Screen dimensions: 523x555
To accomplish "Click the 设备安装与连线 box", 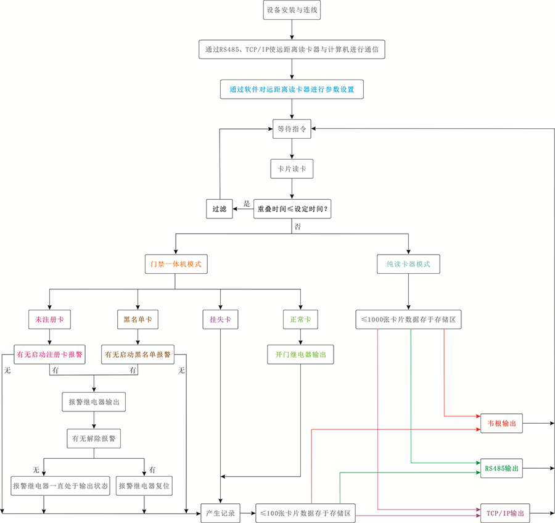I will pyautogui.click(x=292, y=10).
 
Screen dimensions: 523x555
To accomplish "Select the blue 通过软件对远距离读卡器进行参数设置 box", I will pyautogui.click(x=292, y=89).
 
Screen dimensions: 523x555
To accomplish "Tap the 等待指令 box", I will pyautogui.click(x=292, y=129).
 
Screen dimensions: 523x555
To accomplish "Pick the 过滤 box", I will pyautogui.click(x=220, y=209).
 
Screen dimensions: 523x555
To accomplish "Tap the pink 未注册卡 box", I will pyautogui.click(x=49, y=320).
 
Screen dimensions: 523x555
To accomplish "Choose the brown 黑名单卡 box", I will pyautogui.click(x=138, y=320).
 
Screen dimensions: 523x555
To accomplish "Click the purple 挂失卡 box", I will pyautogui.click(x=220, y=320).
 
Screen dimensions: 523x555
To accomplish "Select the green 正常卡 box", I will pyautogui.click(x=300, y=320).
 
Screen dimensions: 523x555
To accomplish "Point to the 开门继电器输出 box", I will pyautogui.click(x=300, y=355).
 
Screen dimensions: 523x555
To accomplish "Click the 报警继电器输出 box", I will pyautogui.click(x=94, y=402).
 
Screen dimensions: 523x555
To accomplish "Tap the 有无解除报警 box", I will pyautogui.click(x=94, y=439).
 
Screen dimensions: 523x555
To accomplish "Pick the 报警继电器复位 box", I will pyautogui.click(x=144, y=485).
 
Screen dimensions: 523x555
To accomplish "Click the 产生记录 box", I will pyautogui.click(x=220, y=513).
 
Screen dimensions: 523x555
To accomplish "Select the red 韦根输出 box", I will pyautogui.click(x=501, y=424).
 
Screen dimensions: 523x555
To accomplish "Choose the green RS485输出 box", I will pyautogui.click(x=501, y=468).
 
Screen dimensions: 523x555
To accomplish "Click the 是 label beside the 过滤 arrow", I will pyautogui.click(x=246, y=204).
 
